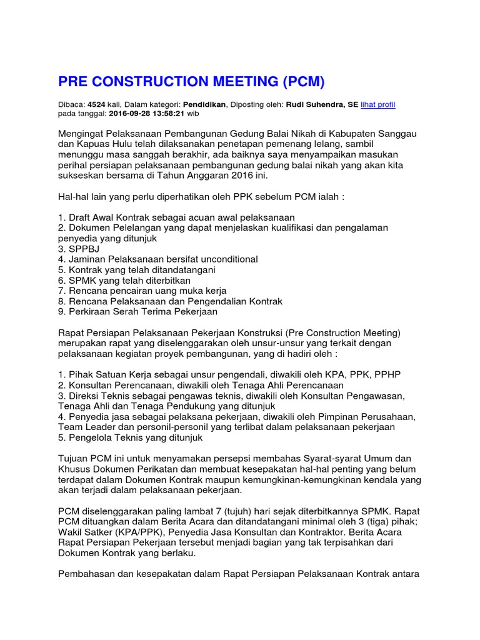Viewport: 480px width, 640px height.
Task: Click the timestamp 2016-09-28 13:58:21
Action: point(146,114)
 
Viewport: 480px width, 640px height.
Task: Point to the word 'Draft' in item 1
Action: point(79,217)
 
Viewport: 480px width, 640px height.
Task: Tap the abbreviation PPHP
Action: point(387,374)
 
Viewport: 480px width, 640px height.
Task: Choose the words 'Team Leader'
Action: point(83,427)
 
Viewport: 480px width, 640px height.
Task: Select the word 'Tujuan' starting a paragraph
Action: point(74,459)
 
